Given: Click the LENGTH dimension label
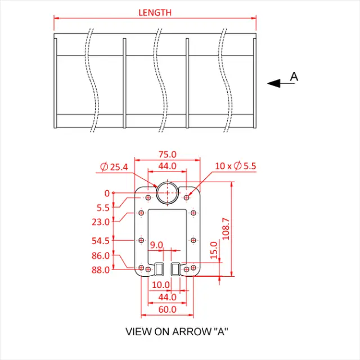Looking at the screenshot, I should coord(155,12).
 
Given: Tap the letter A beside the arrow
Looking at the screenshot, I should coord(294,76).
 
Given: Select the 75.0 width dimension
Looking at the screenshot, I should coord(168,154).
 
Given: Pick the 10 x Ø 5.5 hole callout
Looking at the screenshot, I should coord(236,166).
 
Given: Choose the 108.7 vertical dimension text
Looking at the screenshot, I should coord(226,229).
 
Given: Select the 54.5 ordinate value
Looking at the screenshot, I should coord(101,241).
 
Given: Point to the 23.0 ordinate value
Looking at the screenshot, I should coord(101,222).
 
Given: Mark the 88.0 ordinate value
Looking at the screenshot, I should coord(101,269).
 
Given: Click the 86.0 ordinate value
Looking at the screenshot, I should coord(101,255).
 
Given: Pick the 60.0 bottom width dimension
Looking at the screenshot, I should coord(167,309).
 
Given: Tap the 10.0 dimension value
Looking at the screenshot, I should coord(160,285).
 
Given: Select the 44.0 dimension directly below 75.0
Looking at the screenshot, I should coord(167,166).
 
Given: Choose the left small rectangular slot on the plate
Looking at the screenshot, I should coord(159,269).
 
